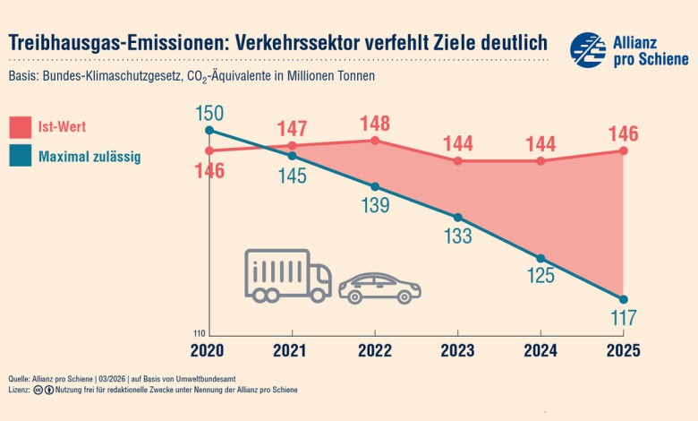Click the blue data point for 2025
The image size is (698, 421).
(x=624, y=299)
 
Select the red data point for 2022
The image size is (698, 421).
(x=375, y=141)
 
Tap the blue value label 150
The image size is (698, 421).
(x=209, y=114)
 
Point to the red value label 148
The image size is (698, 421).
(x=375, y=123)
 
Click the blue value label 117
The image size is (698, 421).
(x=624, y=317)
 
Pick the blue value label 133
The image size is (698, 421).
(x=458, y=236)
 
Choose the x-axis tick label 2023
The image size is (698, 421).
(x=458, y=352)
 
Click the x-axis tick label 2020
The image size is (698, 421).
(x=209, y=352)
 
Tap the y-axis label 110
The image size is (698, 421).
(x=199, y=332)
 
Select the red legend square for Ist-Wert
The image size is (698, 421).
(x=20, y=127)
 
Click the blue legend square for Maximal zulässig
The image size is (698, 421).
(x=20, y=157)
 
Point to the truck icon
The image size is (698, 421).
(x=287, y=275)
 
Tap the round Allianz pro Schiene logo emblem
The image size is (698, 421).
(x=588, y=50)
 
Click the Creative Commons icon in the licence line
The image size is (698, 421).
(x=38, y=391)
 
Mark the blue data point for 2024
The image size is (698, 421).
(x=541, y=258)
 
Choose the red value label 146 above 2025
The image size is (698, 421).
(x=624, y=134)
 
